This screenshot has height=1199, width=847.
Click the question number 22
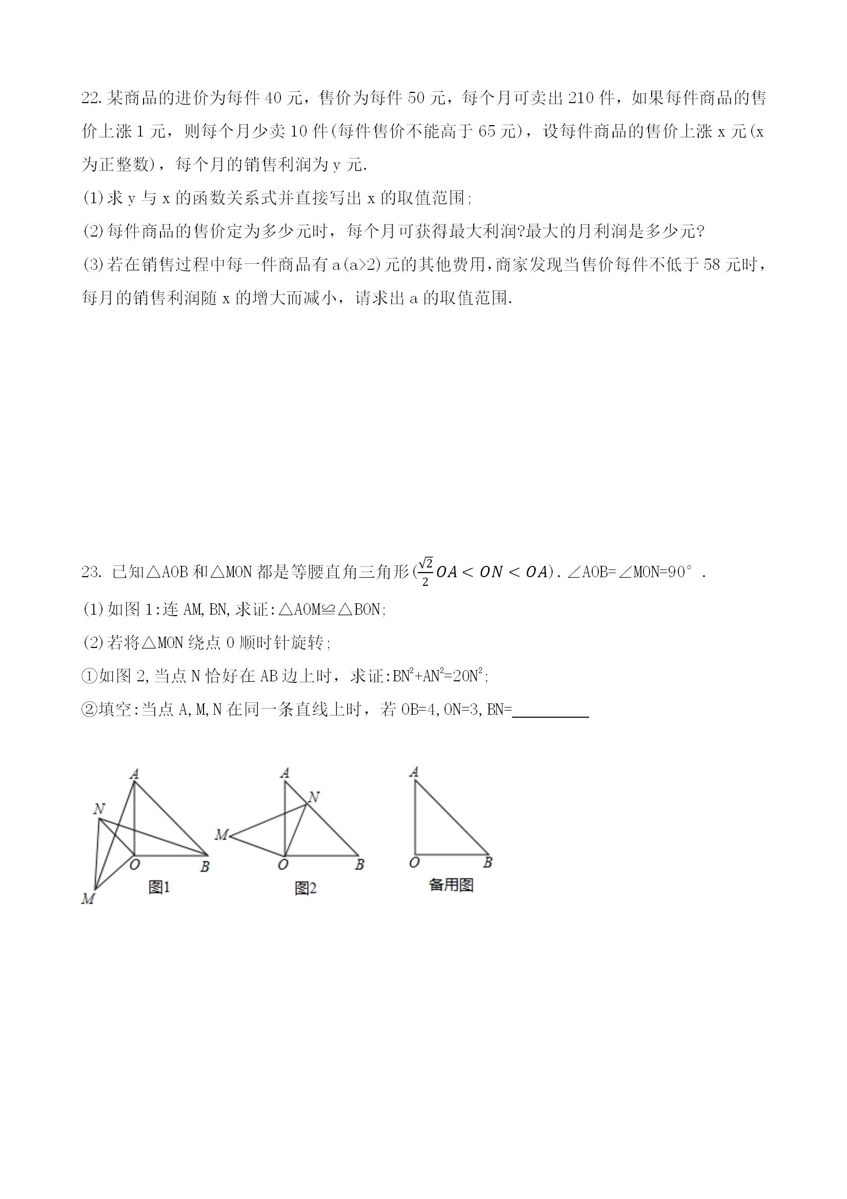92,98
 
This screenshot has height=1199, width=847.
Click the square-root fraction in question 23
426,573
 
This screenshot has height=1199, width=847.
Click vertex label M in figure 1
88,899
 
